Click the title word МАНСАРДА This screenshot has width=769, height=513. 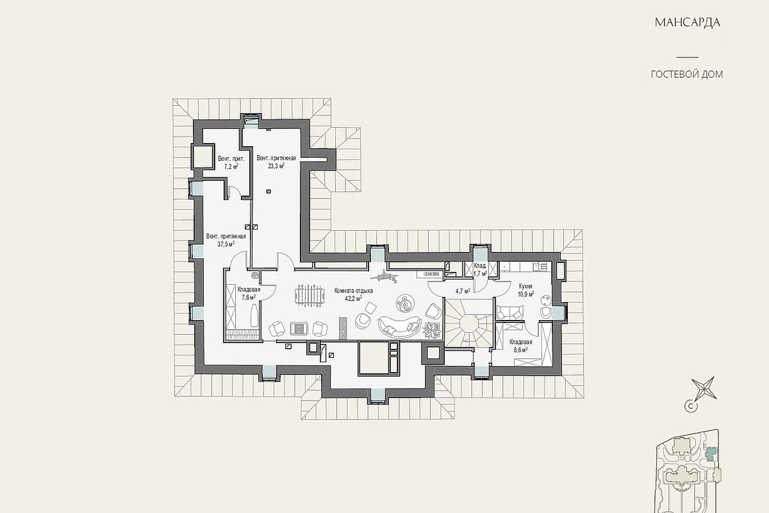tap(687, 22)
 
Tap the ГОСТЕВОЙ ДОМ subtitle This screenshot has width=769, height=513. tap(687, 74)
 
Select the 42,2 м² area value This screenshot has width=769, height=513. tap(353, 298)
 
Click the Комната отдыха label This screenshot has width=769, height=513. tap(354, 290)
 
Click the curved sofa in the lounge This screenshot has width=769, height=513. tap(400, 328)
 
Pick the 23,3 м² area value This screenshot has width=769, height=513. tap(276, 166)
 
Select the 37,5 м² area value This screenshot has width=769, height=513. tap(226, 244)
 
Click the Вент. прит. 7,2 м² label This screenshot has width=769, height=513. tap(231, 162)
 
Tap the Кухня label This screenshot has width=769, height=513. tap(525, 286)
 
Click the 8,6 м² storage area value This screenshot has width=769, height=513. tap(520, 349)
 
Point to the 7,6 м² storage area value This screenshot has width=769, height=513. tap(249, 297)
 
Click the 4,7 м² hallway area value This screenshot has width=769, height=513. tap(463, 291)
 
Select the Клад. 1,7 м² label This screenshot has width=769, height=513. tap(480, 270)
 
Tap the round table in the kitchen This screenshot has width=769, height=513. tap(545, 300)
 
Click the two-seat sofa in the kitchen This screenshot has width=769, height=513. tap(510, 312)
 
